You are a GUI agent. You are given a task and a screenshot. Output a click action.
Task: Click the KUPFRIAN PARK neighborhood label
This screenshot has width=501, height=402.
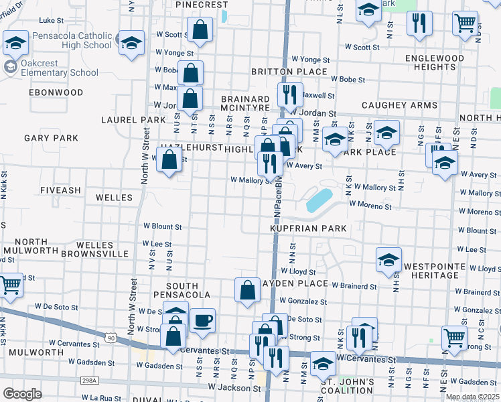coord(308,228)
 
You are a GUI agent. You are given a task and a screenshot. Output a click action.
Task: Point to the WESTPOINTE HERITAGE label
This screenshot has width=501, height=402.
coord(438,261)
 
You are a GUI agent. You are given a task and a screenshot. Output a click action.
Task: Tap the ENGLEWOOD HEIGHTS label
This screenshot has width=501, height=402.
coord(435,62)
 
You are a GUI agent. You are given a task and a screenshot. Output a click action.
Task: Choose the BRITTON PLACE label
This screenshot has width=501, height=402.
coord(289,72)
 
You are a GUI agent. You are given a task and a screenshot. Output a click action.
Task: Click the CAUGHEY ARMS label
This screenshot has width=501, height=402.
coord(399,105)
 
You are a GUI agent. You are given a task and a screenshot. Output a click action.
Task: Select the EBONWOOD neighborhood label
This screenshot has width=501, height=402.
coord(56,92)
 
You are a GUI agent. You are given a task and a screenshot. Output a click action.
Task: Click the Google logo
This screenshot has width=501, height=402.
coord(22,394)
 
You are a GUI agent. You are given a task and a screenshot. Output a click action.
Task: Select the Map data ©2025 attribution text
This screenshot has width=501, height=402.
coord(473,397)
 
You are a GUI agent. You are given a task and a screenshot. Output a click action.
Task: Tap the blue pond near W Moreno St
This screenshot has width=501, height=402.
coord(317,199)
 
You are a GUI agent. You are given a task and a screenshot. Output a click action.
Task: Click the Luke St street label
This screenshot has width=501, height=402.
coord(51,21)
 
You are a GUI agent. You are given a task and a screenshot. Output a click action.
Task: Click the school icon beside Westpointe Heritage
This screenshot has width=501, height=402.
coord(388,260)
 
